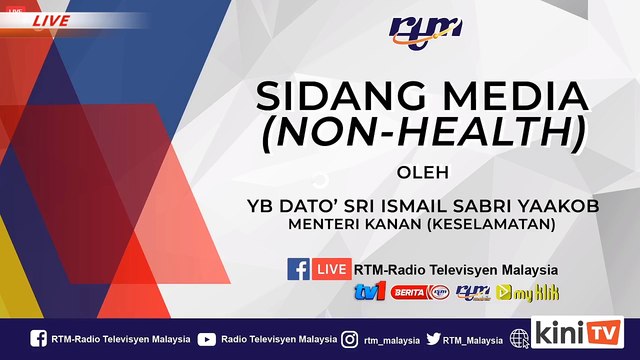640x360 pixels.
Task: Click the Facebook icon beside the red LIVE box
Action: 298,269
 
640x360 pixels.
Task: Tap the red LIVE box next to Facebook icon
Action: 332,269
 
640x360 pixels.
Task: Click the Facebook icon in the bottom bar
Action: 38,339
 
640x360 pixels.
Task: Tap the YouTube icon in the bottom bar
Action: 206,339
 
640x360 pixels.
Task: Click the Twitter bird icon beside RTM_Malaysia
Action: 433,339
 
